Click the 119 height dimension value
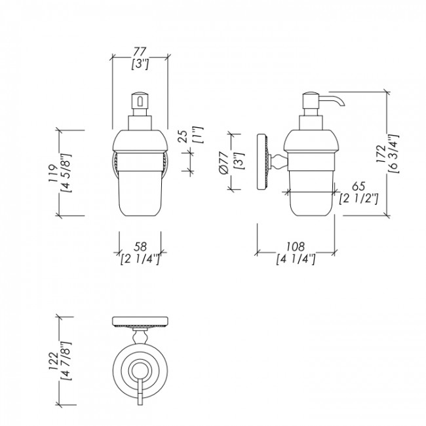point(53,173)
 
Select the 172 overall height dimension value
point(381,154)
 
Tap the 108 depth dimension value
point(296,246)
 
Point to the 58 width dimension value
point(140,246)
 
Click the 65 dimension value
point(358,187)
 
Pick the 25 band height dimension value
point(183,137)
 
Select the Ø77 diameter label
point(223,163)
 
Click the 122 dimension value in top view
point(53,361)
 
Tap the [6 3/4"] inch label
point(393,154)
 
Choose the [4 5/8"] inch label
point(66,173)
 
